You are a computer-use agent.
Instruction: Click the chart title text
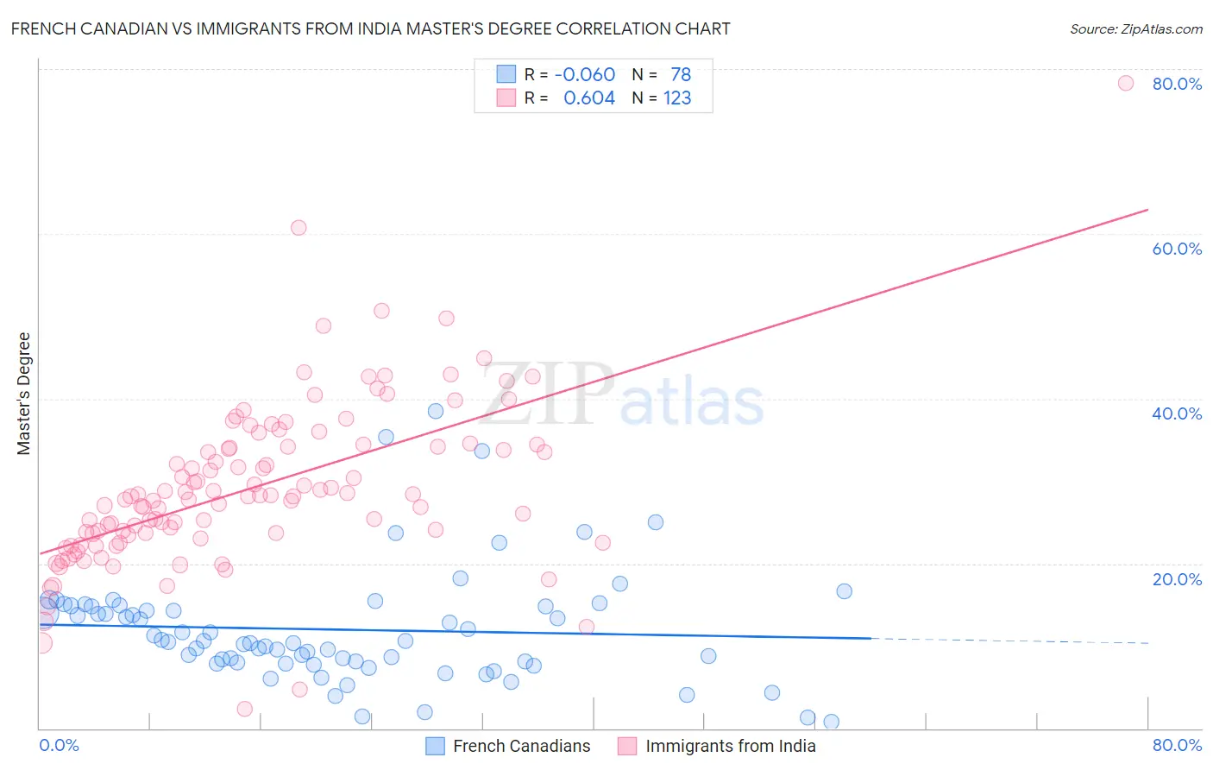pos(370,29)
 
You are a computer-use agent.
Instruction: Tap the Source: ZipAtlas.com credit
pos(1135,29)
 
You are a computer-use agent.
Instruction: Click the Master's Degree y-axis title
pos(23,394)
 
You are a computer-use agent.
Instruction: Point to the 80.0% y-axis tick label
pos(1177,84)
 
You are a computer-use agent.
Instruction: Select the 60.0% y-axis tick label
pos(1177,249)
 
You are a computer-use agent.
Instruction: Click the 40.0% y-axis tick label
pos(1177,413)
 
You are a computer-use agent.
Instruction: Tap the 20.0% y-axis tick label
pos(1177,579)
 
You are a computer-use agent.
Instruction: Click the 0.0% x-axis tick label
pos(59,745)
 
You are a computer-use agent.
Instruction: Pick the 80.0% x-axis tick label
pos(1177,745)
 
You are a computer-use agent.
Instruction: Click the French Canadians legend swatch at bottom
pos(436,746)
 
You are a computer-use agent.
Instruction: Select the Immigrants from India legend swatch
pos(627,746)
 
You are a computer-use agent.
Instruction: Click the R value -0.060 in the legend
pos(585,75)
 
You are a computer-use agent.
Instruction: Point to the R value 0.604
pos(589,98)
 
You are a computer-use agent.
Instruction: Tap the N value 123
pos(677,98)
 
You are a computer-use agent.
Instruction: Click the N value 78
pos(681,75)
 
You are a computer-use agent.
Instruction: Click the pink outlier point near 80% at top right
pos(1125,83)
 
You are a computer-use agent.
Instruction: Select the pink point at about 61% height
pos(299,228)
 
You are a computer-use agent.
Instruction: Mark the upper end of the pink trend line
pos(1147,210)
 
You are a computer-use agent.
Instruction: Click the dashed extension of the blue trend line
pos(1009,641)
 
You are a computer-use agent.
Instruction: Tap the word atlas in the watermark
pos(692,402)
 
